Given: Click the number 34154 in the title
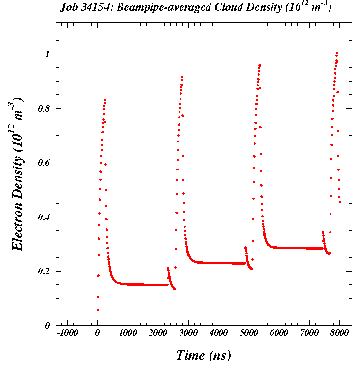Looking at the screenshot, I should pyautogui.click(x=95, y=8).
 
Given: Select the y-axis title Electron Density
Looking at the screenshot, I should pyautogui.click(x=18, y=192).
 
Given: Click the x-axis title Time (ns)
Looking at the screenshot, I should pyautogui.click(x=203, y=355).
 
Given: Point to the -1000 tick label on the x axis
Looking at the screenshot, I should pyautogui.click(x=67, y=333).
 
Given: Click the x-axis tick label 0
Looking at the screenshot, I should pyautogui.click(x=97, y=333).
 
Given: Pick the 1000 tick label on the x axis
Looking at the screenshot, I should pyautogui.click(x=128, y=333).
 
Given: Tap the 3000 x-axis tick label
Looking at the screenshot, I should pyautogui.click(x=188, y=333).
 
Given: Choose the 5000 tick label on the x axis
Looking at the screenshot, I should pyautogui.click(x=249, y=333).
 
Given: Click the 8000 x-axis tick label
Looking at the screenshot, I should pyautogui.click(x=339, y=333).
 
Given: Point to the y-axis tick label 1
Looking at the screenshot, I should pyautogui.click(x=48, y=54).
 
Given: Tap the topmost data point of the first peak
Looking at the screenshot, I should pyautogui.click(x=105, y=100).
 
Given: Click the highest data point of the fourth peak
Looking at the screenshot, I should pyautogui.click(x=337, y=53).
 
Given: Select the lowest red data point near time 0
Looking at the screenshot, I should pyautogui.click(x=97, y=310).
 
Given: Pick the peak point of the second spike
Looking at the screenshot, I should pyautogui.click(x=182, y=77).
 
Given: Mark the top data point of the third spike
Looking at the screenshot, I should pyautogui.click(x=260, y=65).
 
